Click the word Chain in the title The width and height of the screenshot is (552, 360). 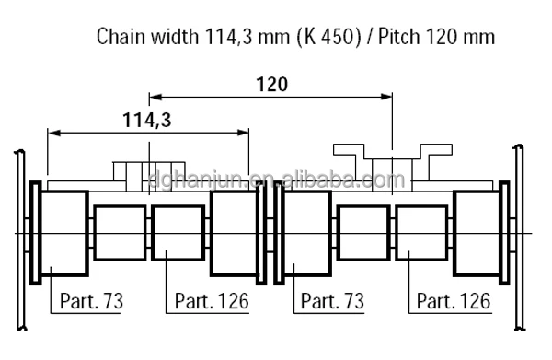(x=121, y=37)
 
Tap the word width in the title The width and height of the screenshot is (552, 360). (x=175, y=37)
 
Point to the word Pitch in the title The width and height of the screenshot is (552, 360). (x=399, y=37)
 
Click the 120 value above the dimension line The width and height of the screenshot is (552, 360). (x=271, y=85)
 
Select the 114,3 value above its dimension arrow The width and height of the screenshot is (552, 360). (x=147, y=120)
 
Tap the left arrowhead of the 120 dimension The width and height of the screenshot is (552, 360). (x=155, y=97)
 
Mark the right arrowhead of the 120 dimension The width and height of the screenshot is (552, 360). (x=386, y=97)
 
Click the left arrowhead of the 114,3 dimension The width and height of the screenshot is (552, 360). (x=54, y=133)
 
